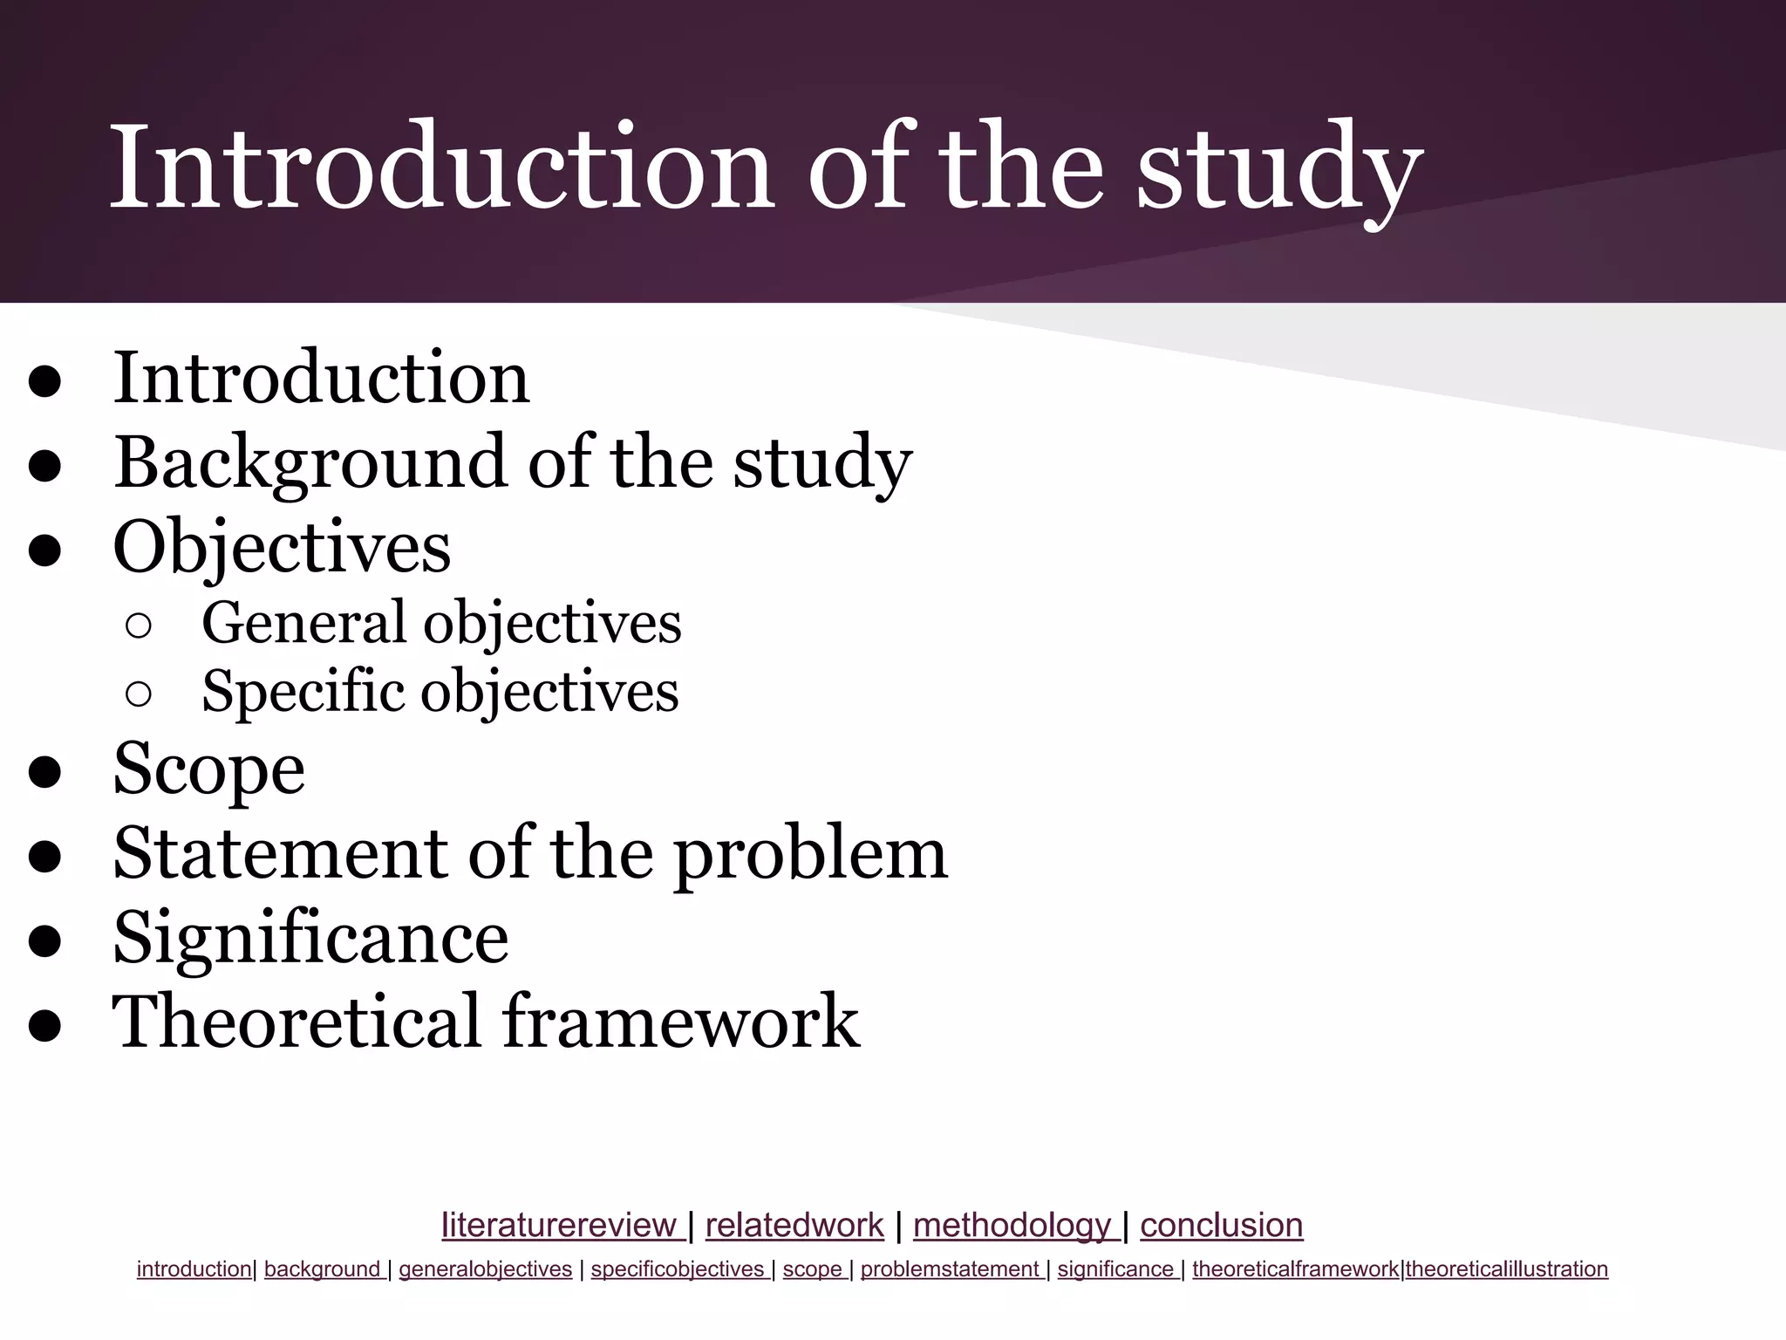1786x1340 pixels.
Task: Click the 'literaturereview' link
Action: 558,1226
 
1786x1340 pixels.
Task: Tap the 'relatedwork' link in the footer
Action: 794,1226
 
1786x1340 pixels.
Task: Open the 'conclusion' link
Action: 1221,1226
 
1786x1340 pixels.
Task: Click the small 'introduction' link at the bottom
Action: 194,1269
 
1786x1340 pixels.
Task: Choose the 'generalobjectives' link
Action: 485,1269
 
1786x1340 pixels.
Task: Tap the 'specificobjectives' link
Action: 678,1269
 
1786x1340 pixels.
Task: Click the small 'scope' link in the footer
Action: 813,1269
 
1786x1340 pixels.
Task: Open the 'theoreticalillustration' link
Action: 1506,1269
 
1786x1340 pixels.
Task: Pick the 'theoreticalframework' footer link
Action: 1295,1269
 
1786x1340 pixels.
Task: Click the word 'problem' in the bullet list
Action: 810,854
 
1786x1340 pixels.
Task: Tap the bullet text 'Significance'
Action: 310,938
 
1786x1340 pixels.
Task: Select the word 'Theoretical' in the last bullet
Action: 297,1022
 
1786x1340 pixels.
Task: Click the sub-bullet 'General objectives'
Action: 441,623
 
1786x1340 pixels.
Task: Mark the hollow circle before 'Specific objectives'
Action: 139,694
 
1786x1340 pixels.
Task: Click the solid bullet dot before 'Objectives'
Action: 44,550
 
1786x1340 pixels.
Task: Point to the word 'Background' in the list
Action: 310,462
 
